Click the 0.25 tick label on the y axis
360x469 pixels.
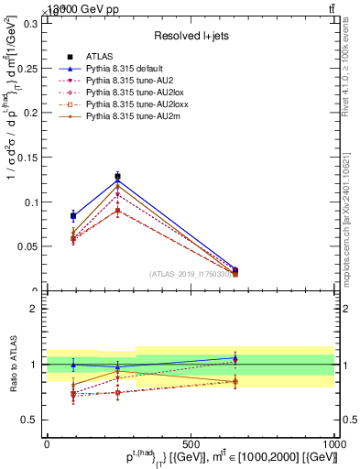point(28,68)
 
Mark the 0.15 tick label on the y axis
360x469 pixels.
point(28,157)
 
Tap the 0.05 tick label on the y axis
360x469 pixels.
point(28,246)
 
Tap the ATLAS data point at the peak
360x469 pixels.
point(117,176)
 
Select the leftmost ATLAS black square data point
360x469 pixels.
point(73,216)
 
